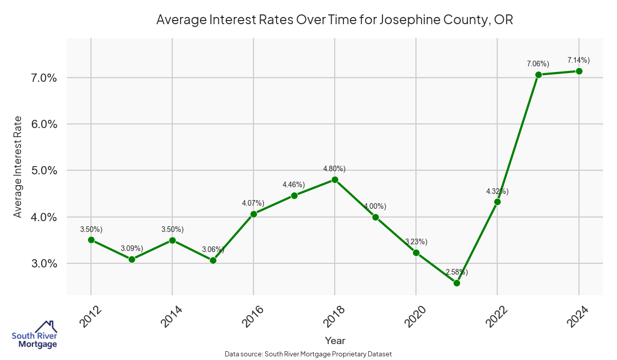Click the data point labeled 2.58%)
[457, 283]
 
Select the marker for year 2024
[579, 71]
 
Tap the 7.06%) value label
[538, 64]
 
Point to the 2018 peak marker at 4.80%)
[335, 179]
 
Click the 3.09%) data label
[132, 248]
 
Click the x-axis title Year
[335, 340]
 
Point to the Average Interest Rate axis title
[18, 167]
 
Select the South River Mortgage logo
[34, 334]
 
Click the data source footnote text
[308, 354]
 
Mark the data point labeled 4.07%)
[253, 214]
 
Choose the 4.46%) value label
[294, 185]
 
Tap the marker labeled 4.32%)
[497, 202]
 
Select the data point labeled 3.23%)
[416, 253]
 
